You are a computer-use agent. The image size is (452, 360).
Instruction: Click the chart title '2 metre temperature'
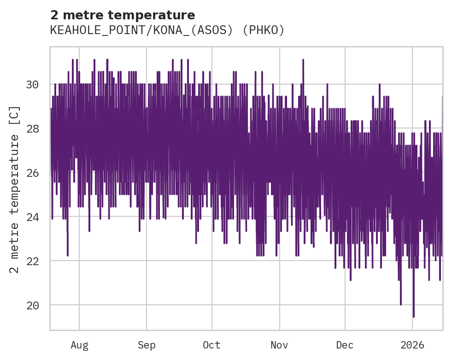[x=123, y=15]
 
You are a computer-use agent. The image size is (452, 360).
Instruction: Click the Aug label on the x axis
[x=79, y=345]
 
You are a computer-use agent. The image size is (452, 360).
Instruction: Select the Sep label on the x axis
[x=147, y=345]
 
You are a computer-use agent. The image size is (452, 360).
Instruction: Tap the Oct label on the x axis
[x=212, y=345]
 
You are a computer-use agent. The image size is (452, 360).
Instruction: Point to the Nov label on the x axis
[x=279, y=345]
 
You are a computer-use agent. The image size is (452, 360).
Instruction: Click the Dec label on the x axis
[x=345, y=345]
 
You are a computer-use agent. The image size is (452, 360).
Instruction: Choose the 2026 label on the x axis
[x=412, y=345]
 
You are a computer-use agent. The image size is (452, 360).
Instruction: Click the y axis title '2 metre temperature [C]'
[x=15, y=189]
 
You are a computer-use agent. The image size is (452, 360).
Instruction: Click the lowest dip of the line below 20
[x=413, y=316]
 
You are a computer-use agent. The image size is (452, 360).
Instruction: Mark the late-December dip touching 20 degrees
[x=401, y=304]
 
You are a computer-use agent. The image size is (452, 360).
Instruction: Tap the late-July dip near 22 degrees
[x=68, y=255]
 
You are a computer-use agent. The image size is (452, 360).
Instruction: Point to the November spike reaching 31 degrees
[x=303, y=60]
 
